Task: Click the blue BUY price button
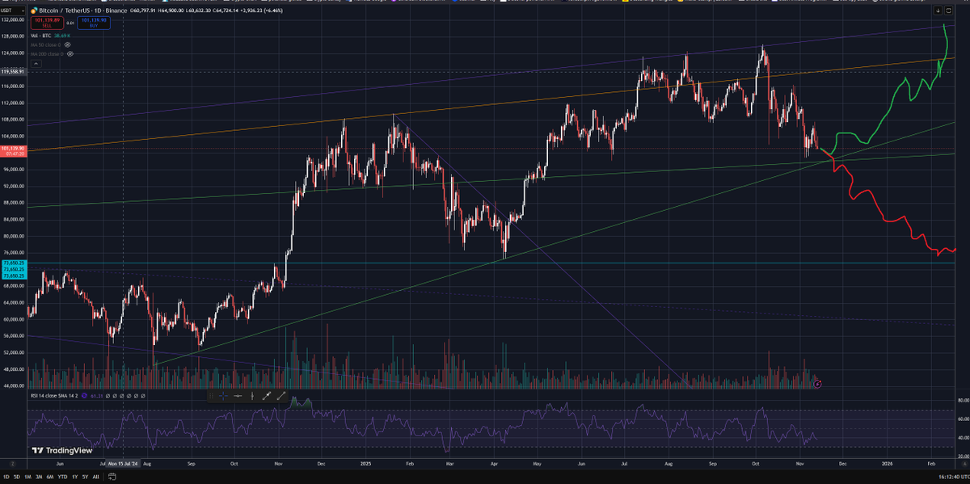point(94,23)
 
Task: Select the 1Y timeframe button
point(74,478)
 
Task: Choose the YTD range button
point(62,478)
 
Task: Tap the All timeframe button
point(96,478)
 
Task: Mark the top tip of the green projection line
point(945,26)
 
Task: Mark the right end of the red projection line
point(955,250)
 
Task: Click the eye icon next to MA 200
point(70,53)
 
